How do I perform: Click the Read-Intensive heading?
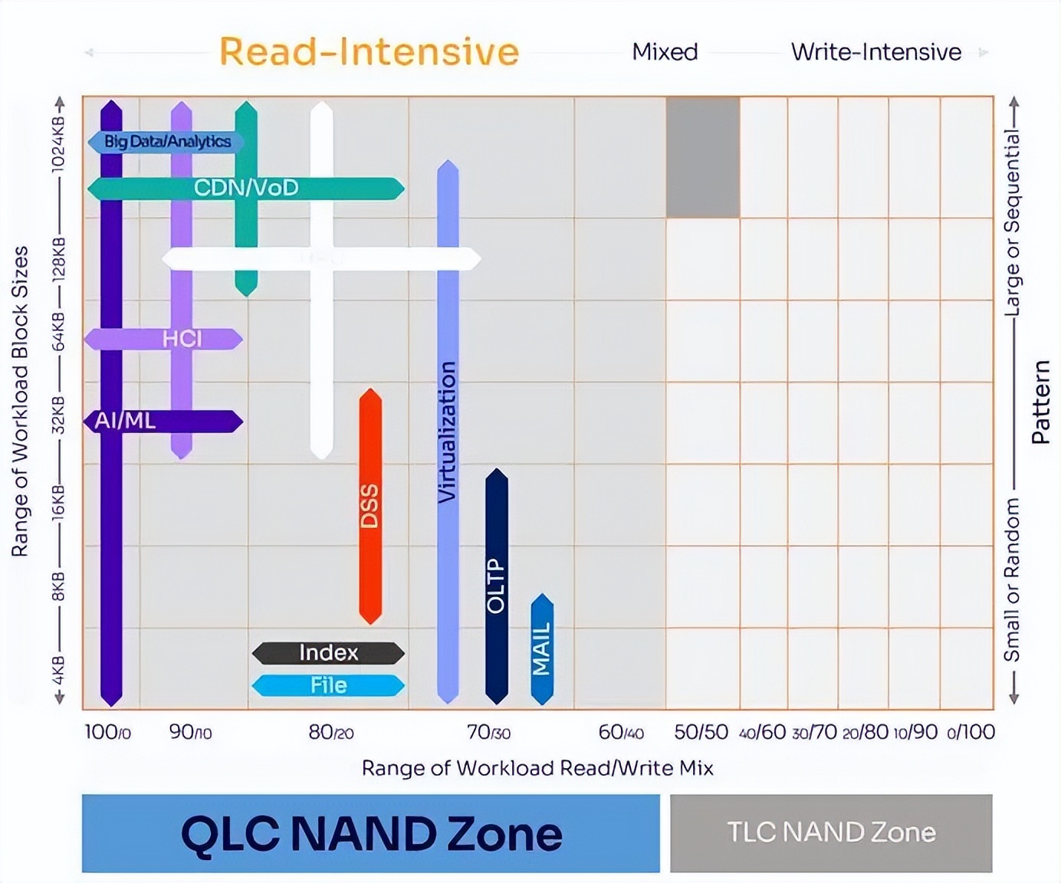tap(369, 52)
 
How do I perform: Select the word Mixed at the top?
tap(665, 52)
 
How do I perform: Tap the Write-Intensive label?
tap(875, 52)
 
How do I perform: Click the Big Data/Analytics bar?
tap(166, 142)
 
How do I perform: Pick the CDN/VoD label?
tap(246, 188)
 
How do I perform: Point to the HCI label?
tap(182, 339)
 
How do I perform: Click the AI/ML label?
tap(125, 421)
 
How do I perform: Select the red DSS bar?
tap(370, 506)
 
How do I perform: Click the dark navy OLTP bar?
tap(497, 586)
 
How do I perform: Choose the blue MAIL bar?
tap(542, 648)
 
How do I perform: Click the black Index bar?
tap(328, 653)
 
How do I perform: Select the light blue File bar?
tap(328, 685)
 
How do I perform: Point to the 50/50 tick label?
tap(701, 732)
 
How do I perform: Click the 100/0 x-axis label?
tap(107, 732)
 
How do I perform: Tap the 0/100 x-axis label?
tap(971, 732)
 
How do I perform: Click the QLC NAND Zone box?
tap(370, 833)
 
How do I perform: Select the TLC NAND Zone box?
tap(831, 833)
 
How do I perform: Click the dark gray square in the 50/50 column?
tap(702, 157)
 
